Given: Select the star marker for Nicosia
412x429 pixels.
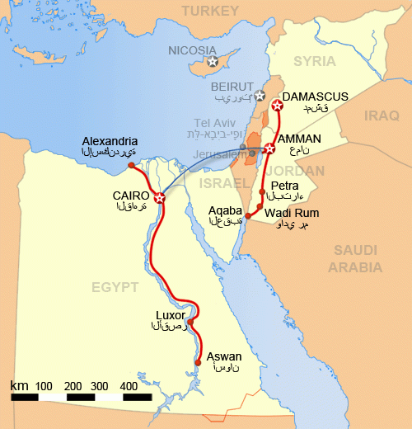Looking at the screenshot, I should coord(213,61).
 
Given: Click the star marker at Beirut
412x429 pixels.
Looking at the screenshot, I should coord(260,95).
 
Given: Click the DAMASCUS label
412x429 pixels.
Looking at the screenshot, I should coord(316,97).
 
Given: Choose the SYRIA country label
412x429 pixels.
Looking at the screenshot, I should coord(315,61).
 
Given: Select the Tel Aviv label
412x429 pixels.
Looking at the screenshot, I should coord(214,123).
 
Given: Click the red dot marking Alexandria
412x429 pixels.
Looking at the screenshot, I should coord(132,166).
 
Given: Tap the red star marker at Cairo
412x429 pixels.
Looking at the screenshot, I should coord(159,197).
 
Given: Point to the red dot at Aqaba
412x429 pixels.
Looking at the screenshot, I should coord(248,215).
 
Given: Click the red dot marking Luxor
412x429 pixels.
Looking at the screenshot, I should coord(190,322).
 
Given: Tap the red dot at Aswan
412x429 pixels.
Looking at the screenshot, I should coord(199,361).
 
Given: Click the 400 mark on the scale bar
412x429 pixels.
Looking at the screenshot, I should coord(129,386).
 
